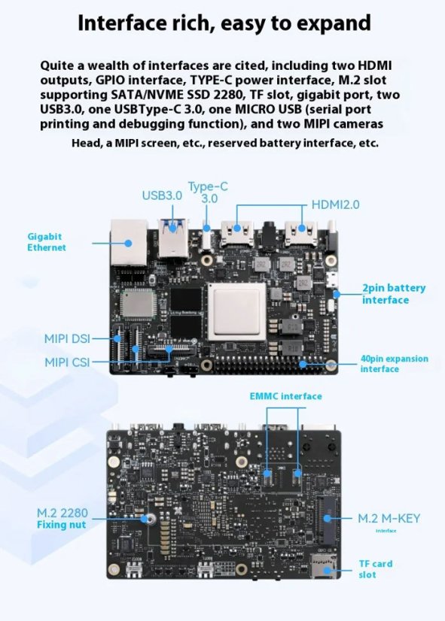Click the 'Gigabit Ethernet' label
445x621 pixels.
(x=47, y=241)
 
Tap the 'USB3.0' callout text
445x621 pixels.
(x=162, y=195)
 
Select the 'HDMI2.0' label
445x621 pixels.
(x=336, y=204)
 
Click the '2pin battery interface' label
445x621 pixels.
(x=393, y=294)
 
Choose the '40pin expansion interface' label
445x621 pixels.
(x=394, y=364)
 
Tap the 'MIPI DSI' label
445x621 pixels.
(x=66, y=339)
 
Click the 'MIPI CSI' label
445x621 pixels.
(x=66, y=362)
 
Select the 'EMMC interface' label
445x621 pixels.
(x=285, y=396)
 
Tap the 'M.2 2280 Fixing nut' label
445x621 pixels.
(x=62, y=519)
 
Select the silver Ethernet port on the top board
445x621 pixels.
(x=129, y=243)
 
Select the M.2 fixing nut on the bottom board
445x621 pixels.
(x=151, y=520)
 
